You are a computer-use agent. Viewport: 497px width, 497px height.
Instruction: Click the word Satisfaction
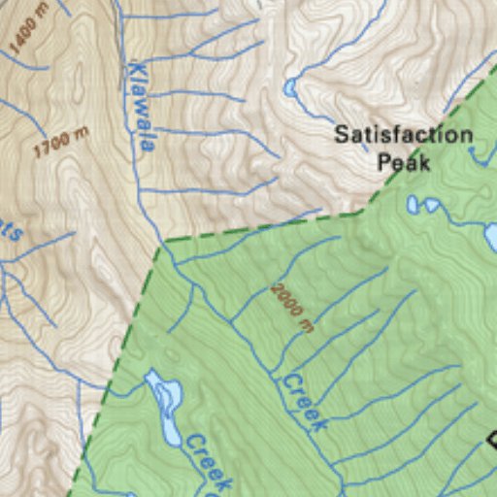click(x=403, y=135)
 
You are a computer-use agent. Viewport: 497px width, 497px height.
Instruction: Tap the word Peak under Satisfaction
click(x=403, y=161)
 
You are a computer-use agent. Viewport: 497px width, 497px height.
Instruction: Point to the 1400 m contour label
click(x=28, y=27)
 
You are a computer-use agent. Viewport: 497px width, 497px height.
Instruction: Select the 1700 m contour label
click(x=61, y=143)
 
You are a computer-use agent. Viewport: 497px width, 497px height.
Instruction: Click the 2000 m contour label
click(x=292, y=308)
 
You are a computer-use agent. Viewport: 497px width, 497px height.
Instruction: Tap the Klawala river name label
click(x=142, y=107)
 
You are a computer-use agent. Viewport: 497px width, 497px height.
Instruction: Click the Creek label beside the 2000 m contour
click(x=304, y=402)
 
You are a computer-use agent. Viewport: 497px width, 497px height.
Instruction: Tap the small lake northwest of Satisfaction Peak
click(x=289, y=89)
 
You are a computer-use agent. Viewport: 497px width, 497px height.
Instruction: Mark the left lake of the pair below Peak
click(x=413, y=205)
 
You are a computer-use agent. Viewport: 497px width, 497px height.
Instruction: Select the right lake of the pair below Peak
click(x=432, y=206)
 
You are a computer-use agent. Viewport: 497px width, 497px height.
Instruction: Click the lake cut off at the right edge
click(x=491, y=237)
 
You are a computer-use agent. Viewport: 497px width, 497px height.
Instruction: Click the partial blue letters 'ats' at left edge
click(x=10, y=229)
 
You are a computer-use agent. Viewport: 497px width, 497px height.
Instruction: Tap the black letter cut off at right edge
click(x=491, y=440)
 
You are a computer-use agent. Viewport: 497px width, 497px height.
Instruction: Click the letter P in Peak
click(x=384, y=161)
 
